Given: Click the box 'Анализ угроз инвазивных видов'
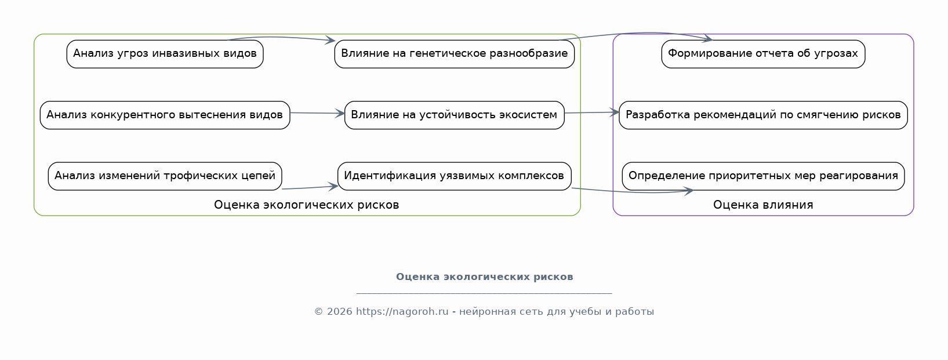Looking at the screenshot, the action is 165,54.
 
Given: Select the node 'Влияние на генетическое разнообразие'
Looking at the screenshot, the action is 455,54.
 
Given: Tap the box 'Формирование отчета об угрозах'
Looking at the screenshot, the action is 763,54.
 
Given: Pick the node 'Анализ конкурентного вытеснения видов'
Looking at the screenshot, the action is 165,115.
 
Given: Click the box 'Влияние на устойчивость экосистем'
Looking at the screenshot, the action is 455,115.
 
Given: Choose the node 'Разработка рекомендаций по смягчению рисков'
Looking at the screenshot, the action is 763,115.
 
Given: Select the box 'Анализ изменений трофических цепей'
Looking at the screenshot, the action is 165,176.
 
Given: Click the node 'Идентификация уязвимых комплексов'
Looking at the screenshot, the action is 455,176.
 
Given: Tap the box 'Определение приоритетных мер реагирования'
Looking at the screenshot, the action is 763,176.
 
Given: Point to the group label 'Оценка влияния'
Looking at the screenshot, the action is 763,205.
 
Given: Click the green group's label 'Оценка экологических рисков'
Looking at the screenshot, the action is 306,205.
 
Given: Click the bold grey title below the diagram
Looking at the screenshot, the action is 485,277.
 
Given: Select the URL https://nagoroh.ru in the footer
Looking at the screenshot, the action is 402,312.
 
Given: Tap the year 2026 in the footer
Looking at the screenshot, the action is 339,312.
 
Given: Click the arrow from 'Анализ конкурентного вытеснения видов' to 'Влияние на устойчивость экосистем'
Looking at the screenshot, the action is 317,113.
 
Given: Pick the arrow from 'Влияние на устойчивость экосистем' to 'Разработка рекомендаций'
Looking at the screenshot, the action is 591,112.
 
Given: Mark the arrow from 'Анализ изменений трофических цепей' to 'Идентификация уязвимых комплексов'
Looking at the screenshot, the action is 310,187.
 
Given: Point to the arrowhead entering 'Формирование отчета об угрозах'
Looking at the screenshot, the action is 707,38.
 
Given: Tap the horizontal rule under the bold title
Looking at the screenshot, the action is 484,293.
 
